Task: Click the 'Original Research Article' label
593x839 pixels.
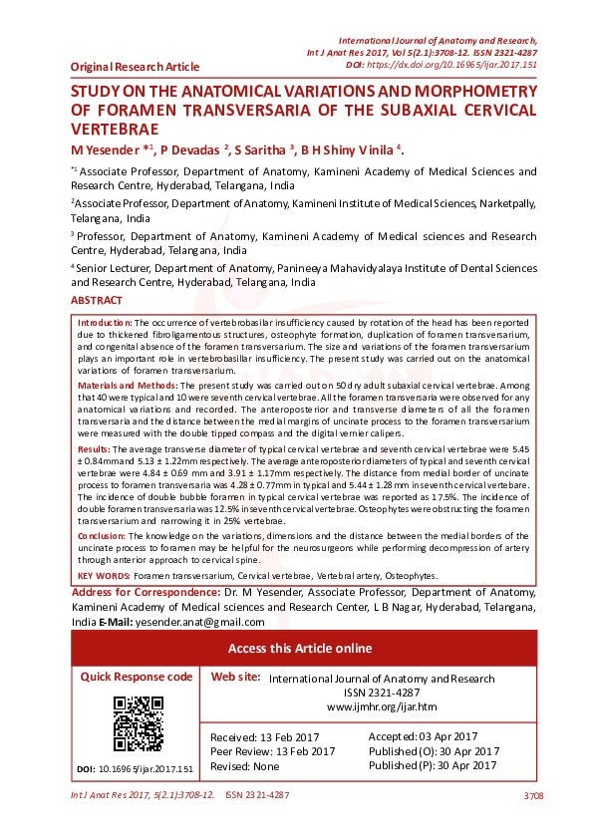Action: (x=135, y=67)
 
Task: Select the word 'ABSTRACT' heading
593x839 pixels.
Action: (x=97, y=301)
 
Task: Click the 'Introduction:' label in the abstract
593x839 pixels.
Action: (x=105, y=324)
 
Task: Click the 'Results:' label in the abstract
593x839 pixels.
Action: (x=94, y=451)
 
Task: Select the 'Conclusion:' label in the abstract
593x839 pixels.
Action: (x=102, y=536)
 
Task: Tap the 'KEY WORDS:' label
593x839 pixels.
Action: (x=104, y=576)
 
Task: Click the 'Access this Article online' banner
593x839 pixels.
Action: (x=300, y=649)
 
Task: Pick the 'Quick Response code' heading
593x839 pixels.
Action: (x=137, y=676)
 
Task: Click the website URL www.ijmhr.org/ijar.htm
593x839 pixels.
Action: (x=383, y=706)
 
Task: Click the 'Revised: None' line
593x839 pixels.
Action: (x=245, y=766)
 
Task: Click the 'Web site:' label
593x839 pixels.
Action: (x=236, y=677)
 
